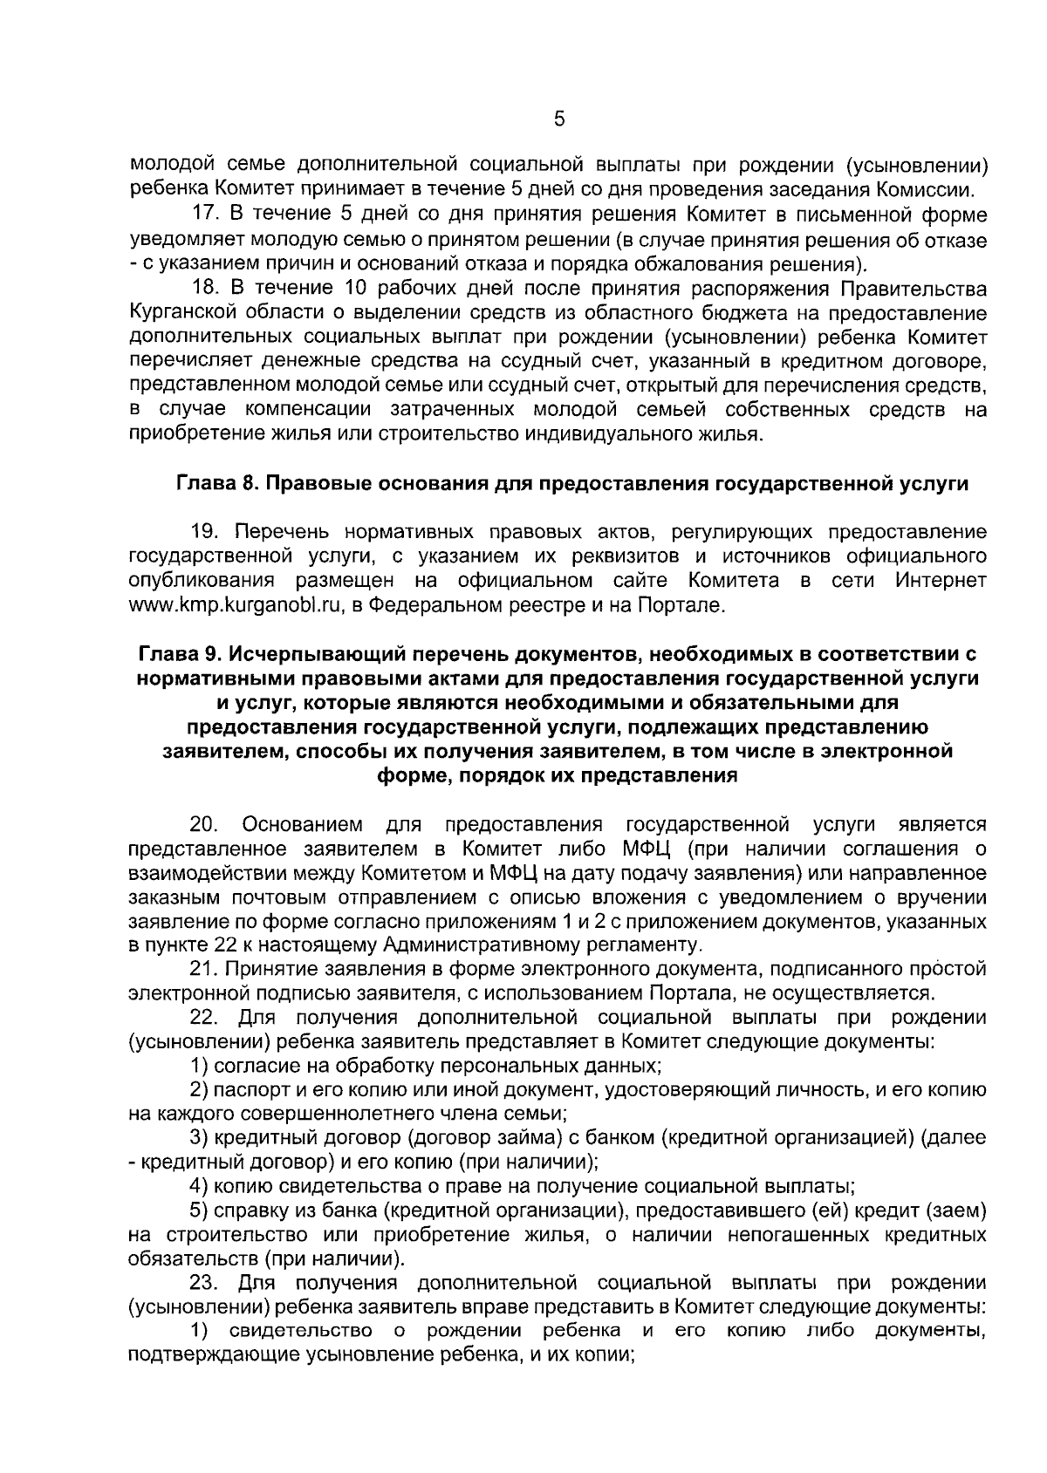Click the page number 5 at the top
(x=559, y=119)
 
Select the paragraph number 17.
(x=205, y=215)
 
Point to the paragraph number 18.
(x=205, y=289)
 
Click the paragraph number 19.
(x=205, y=532)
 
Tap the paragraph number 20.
(x=207, y=824)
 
